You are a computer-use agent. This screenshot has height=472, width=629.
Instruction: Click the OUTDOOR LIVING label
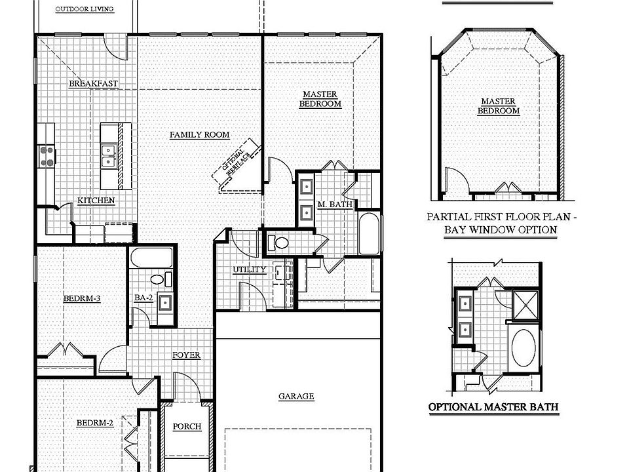[x=84, y=9]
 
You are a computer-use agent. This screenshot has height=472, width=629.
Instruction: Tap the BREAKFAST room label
[x=94, y=83]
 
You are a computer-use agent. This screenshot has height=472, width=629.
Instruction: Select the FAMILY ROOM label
[x=199, y=135]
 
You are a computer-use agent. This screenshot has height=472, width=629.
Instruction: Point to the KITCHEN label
[x=96, y=201]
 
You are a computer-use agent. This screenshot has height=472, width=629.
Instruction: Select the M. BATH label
[x=335, y=205]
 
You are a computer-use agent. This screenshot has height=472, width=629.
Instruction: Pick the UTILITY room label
[x=249, y=269]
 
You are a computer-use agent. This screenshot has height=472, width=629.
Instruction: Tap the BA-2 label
[x=143, y=298]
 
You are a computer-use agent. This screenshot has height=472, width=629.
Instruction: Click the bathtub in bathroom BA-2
[x=151, y=258]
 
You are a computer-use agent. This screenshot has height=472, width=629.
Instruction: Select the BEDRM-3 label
[x=81, y=299]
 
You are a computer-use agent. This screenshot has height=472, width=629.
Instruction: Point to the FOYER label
[x=186, y=355]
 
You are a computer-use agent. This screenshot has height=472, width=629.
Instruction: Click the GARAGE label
[x=296, y=396]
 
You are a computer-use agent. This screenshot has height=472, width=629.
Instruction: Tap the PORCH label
[x=187, y=427]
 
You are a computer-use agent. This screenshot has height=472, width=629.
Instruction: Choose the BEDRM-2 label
[x=94, y=423]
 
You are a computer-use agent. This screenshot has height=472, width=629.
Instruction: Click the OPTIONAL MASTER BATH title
[x=493, y=407]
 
